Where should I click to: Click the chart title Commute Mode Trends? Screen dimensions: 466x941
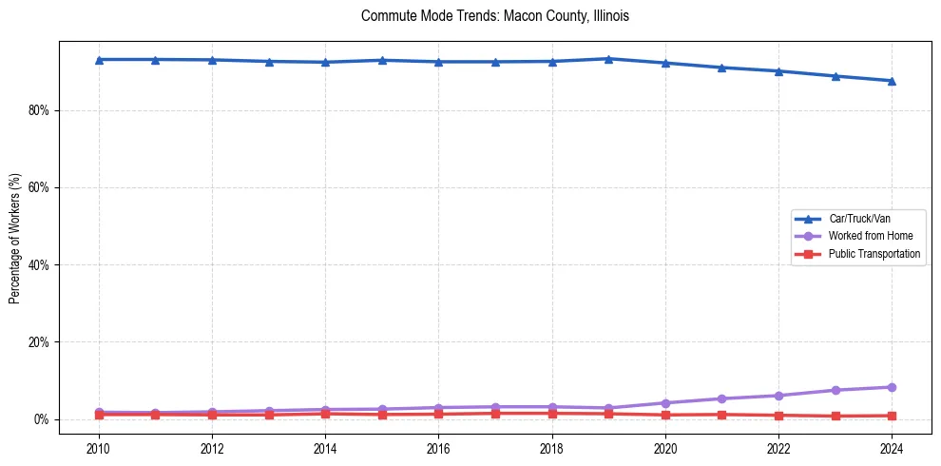494,16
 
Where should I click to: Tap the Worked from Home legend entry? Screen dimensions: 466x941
870,236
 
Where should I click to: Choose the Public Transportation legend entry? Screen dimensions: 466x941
874,254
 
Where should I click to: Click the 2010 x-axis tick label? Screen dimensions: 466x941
98,447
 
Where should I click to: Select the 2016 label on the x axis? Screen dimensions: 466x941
438,447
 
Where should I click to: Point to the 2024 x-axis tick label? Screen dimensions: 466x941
892,447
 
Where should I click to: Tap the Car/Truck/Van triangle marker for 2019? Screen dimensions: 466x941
608,59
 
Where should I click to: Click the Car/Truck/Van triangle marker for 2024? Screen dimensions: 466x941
892,81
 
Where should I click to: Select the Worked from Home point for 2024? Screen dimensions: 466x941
892,387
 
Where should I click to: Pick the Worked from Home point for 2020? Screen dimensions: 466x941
665,403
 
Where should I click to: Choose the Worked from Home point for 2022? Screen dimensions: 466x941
778,396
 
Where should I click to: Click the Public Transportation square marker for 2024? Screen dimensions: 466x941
892,416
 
